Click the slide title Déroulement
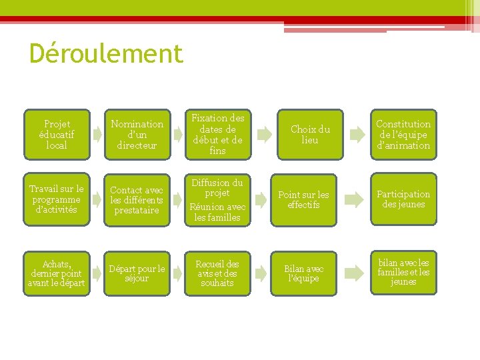tap(106, 53)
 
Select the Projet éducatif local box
tap(57, 135)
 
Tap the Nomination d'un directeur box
tap(137, 135)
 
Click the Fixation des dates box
tap(217, 135)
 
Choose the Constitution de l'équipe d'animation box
tap(403, 135)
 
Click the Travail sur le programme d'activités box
tap(57, 199)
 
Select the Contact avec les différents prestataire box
tap(137, 199)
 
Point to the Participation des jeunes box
tap(403, 199)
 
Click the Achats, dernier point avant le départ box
tap(57, 273)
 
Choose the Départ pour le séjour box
tap(137, 273)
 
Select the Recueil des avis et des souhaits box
tap(217, 273)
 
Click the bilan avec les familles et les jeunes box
tap(403, 272)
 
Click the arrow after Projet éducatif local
tap(98, 135)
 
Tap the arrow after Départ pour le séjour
tap(179, 273)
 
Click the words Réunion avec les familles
tap(217, 212)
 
